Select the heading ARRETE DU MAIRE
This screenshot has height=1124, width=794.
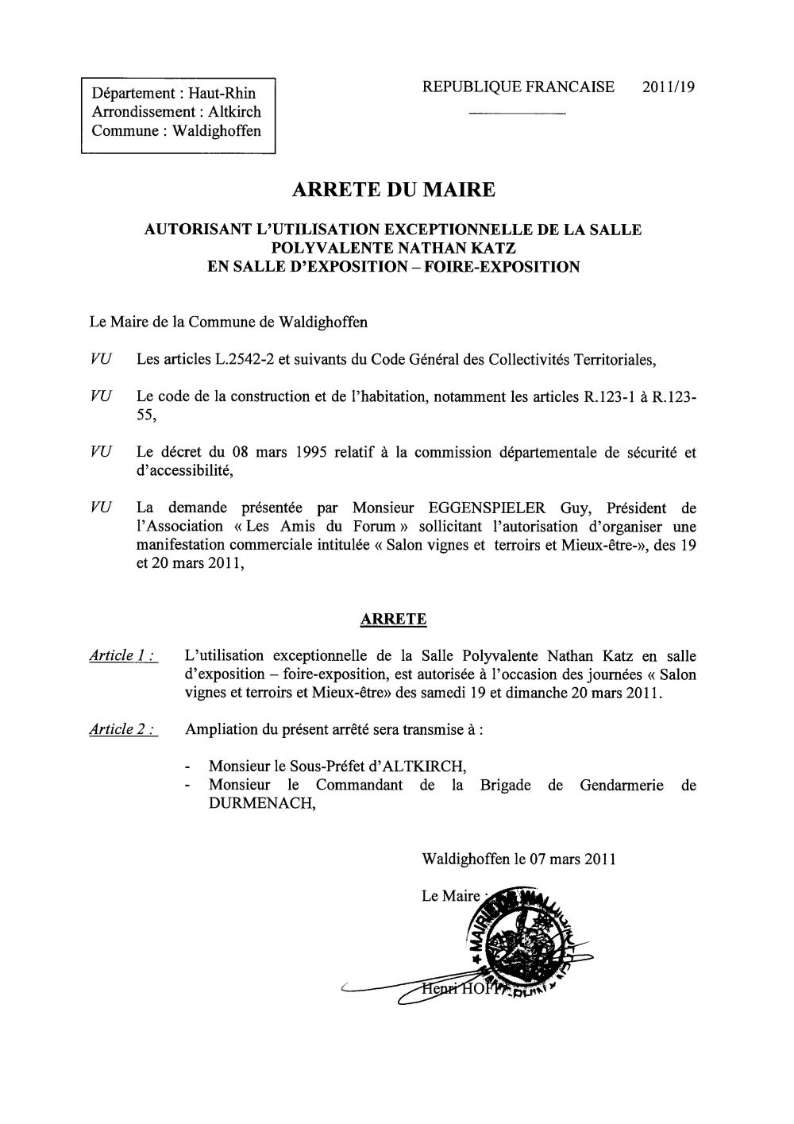(x=394, y=190)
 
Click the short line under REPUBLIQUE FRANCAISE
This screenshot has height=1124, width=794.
(x=517, y=116)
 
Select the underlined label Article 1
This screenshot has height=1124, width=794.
(x=122, y=656)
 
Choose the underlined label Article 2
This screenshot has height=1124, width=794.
(x=122, y=730)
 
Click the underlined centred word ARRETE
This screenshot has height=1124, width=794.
(x=394, y=620)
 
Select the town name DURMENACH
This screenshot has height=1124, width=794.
(x=251, y=803)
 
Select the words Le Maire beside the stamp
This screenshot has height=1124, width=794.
(x=451, y=896)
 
